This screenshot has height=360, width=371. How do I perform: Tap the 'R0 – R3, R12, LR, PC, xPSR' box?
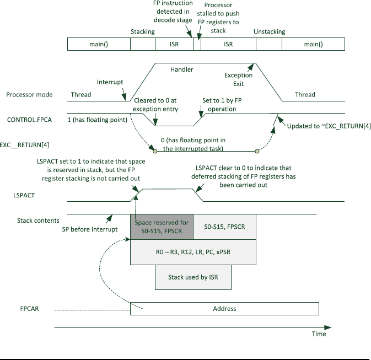coord(193,252)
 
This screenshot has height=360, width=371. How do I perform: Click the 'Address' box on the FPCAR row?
coord(224,309)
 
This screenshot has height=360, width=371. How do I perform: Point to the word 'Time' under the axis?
coord(319,334)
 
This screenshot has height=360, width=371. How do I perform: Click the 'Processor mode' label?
coord(29,95)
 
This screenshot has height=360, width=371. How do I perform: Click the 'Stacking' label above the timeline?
coord(143,32)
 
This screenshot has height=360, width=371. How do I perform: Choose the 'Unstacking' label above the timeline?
coord(269,32)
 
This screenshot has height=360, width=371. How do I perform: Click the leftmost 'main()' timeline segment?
coord(99,44)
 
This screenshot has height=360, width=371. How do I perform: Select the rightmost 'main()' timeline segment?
coord(313,44)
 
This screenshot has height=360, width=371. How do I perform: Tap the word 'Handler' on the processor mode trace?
coord(182,69)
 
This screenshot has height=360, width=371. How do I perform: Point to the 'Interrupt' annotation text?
coord(110,81)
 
